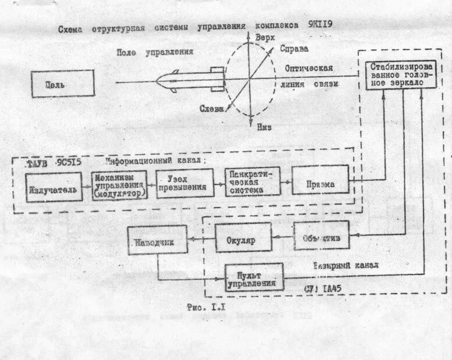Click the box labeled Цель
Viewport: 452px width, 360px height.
(63, 84)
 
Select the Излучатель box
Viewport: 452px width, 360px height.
(51, 189)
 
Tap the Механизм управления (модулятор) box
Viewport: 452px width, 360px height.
(119, 186)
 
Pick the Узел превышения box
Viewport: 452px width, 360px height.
(185, 183)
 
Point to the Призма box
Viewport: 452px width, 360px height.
(320, 184)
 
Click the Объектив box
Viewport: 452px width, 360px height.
(321, 236)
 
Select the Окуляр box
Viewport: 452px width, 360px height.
(244, 238)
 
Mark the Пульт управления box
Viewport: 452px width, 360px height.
(254, 278)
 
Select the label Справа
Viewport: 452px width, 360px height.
(294, 48)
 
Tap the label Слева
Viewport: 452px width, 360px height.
(213, 110)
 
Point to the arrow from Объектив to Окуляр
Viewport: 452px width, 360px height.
(282, 237)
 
